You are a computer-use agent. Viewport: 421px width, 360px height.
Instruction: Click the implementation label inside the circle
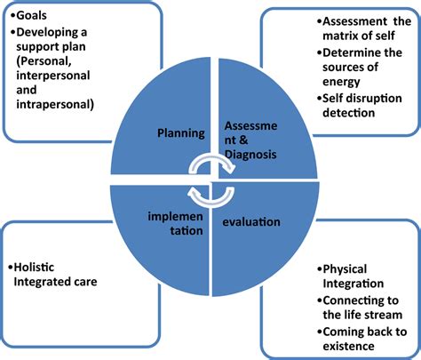174,221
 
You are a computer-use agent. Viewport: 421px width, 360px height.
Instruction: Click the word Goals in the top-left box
30,15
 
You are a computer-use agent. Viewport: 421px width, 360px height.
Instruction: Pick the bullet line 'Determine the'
350,53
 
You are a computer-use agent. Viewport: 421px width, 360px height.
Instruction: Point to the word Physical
343,268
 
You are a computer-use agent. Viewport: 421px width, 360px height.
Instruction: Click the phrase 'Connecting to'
360,300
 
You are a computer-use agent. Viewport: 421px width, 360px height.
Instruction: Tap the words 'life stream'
356,315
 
